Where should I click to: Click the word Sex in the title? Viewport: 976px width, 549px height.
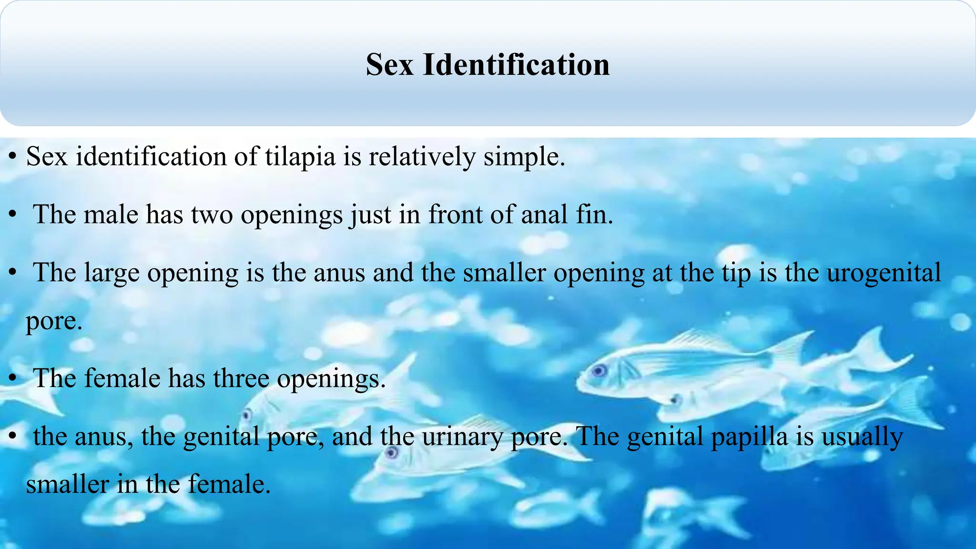pos(389,64)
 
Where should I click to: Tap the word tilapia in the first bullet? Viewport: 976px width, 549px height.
pos(300,156)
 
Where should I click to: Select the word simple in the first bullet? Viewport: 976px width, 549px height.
pos(524,156)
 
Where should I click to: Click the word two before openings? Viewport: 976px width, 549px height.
pos(212,214)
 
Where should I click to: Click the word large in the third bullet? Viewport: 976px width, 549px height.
pos(112,273)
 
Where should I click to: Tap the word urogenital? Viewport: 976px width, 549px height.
pos(884,273)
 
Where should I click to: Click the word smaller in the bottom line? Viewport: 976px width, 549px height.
pos(67,484)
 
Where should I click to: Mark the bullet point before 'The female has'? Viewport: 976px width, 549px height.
pos(14,378)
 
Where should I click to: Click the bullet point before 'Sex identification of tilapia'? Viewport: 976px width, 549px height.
pos(14,156)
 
